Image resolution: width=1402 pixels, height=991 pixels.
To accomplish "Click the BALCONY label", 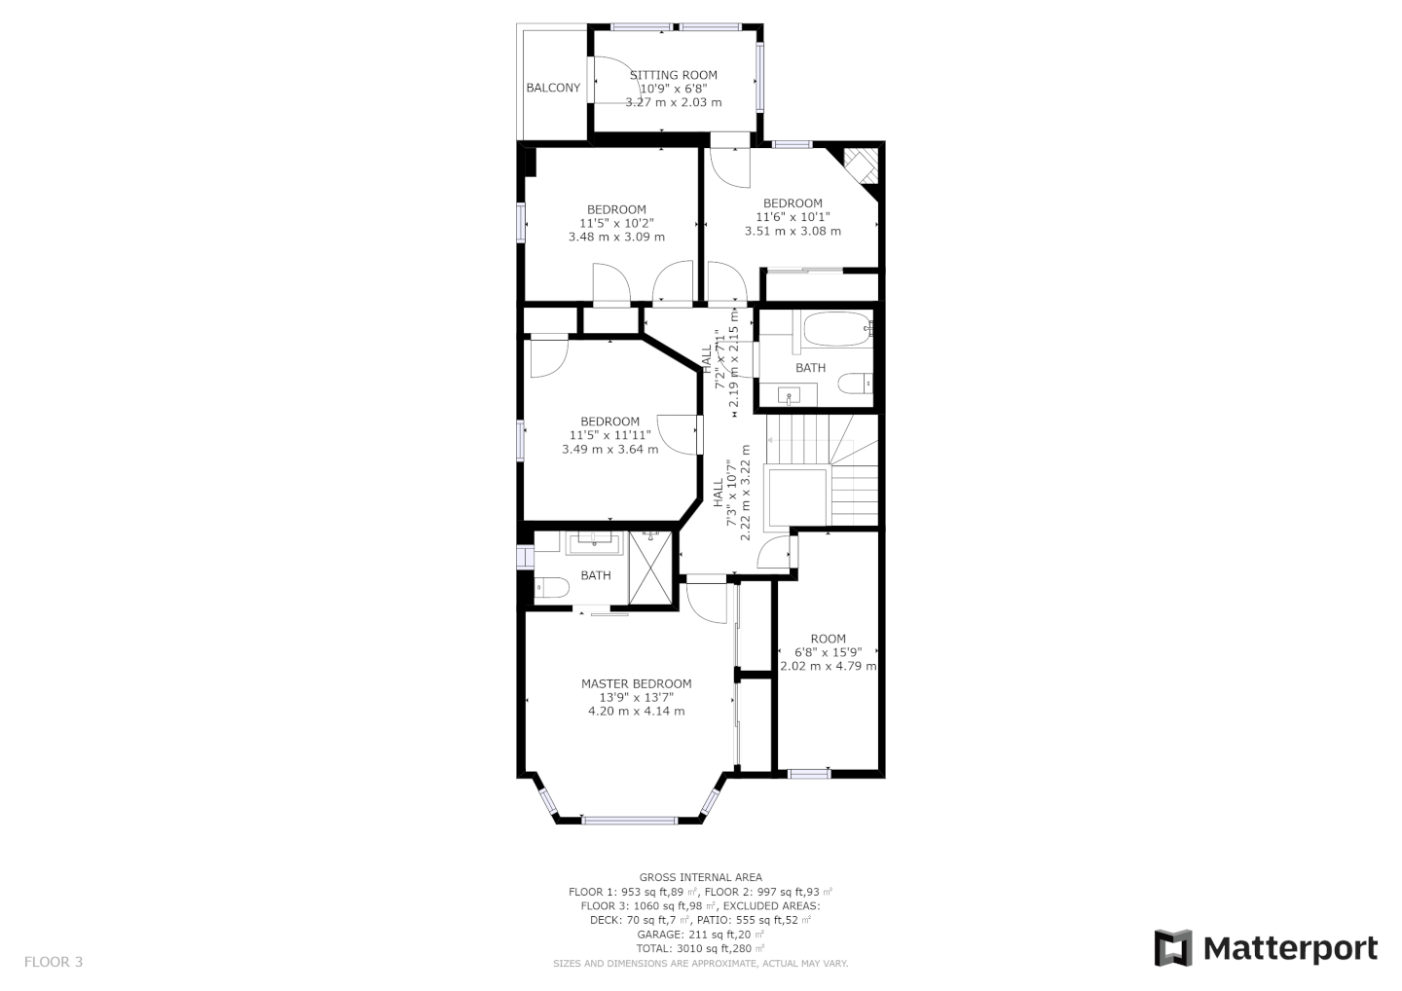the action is [553, 88].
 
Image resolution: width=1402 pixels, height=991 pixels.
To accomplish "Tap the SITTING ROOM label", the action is [673, 75].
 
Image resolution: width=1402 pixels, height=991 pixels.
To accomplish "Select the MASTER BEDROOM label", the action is [636, 683].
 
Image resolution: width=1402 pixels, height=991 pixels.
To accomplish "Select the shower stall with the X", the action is [650, 569].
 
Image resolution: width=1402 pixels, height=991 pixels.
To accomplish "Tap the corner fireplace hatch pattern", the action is [862, 165].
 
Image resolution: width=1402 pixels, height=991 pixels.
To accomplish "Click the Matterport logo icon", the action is [1174, 948].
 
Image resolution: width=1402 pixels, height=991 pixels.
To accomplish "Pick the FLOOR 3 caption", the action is [54, 962].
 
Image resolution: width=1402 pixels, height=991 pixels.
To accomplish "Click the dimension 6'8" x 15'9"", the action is [828, 652].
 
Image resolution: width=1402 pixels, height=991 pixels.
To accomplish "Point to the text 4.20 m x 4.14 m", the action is [636, 712].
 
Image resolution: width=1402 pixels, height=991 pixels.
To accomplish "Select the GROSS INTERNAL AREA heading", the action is [700, 877].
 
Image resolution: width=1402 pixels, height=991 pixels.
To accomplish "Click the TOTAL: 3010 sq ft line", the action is [700, 948].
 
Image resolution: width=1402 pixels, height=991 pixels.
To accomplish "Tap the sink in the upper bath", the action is [789, 395].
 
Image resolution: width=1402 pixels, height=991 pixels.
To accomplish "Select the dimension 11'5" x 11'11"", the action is [609, 435].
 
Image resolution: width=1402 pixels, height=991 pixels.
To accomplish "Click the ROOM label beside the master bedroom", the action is [828, 639].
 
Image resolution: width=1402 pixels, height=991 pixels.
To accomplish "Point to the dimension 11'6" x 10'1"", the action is [793, 217].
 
